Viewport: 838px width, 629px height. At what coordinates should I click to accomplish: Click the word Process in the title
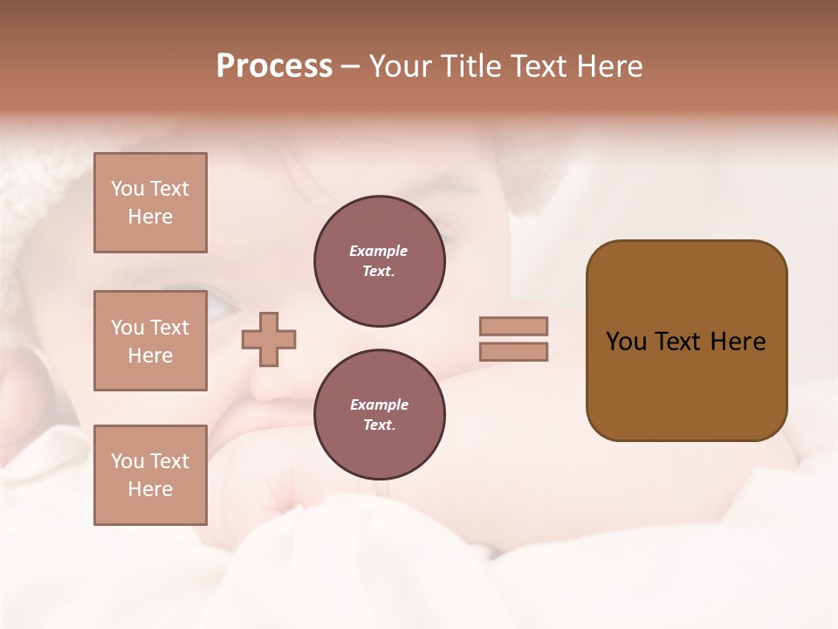(x=274, y=66)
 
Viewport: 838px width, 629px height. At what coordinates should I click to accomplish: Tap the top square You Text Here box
(x=150, y=203)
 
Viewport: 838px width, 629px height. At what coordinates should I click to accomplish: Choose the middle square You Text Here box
(x=150, y=341)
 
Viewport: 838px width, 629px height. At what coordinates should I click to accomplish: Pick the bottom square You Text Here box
(x=150, y=475)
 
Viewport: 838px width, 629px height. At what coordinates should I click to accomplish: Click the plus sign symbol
(x=269, y=340)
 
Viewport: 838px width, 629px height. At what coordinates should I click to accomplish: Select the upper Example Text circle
(x=379, y=261)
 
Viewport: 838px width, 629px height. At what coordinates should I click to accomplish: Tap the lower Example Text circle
(x=379, y=415)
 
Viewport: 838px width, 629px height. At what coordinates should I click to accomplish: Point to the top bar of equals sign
(x=513, y=327)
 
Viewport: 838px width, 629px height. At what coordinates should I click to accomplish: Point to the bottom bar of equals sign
(x=513, y=352)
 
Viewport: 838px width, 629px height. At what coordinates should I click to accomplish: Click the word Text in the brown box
(x=678, y=342)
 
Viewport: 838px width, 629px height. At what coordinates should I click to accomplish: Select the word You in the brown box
(x=625, y=342)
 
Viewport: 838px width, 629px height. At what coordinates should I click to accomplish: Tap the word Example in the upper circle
(x=379, y=252)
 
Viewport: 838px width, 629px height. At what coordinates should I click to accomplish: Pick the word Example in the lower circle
(x=379, y=405)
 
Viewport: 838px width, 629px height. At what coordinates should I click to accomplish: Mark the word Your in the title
(x=401, y=66)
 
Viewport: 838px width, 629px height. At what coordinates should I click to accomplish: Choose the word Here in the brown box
(x=738, y=342)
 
